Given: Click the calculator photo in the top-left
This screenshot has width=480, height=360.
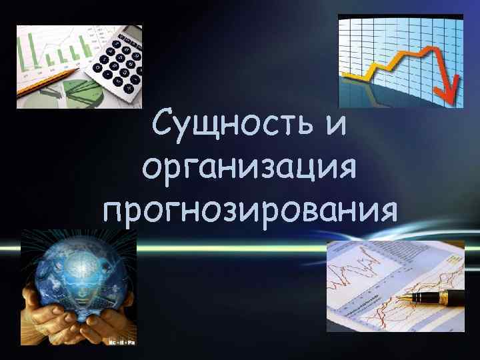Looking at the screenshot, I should pyautogui.click(x=79, y=67).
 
